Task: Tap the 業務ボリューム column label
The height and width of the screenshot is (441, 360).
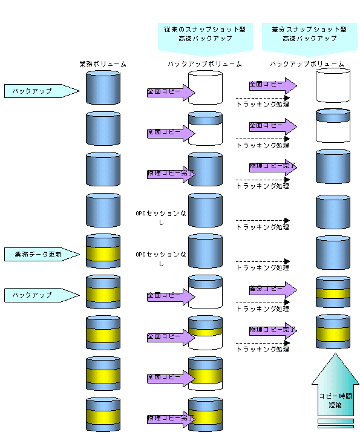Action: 103,64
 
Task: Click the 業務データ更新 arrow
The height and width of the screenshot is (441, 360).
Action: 42,254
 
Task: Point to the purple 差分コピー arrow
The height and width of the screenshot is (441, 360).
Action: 273,290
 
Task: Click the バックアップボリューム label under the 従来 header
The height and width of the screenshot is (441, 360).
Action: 205,64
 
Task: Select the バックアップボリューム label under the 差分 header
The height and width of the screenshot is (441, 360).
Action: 307,64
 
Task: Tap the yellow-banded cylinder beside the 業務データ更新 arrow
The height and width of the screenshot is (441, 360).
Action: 103,251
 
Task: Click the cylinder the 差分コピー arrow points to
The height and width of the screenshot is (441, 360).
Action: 333,292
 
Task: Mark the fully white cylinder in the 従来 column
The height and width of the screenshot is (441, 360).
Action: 205,88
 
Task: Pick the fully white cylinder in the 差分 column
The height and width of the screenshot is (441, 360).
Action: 333,85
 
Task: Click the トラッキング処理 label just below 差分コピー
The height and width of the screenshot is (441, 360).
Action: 263,309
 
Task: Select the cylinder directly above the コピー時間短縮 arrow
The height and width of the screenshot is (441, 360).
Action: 333,332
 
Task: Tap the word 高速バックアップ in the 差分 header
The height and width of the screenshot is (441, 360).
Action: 309,39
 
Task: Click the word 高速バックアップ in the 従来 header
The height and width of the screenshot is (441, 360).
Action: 205,39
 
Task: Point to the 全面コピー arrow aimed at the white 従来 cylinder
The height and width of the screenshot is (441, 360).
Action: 171,92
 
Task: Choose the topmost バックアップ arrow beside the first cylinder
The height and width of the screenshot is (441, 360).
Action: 42,91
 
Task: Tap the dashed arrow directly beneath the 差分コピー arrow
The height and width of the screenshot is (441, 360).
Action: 263,302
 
